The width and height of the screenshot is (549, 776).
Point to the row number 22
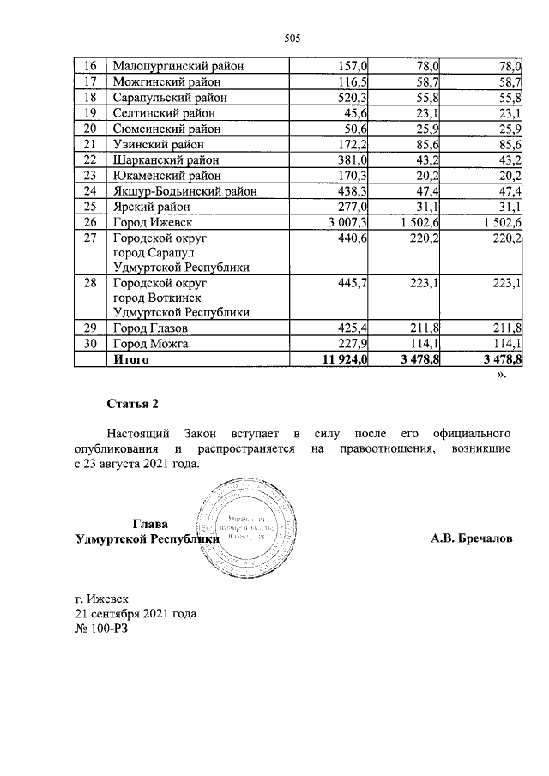click(87, 159)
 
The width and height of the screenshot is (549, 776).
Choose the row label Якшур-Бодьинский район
click(184, 191)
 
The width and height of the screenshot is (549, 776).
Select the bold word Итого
click(131, 360)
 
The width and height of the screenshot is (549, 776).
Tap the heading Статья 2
click(133, 403)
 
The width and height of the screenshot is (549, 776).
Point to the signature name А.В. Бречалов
click(471, 539)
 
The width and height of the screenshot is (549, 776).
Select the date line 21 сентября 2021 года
click(136, 614)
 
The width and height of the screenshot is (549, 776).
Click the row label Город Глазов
click(151, 328)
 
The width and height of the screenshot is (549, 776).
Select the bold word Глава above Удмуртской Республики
click(150, 524)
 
